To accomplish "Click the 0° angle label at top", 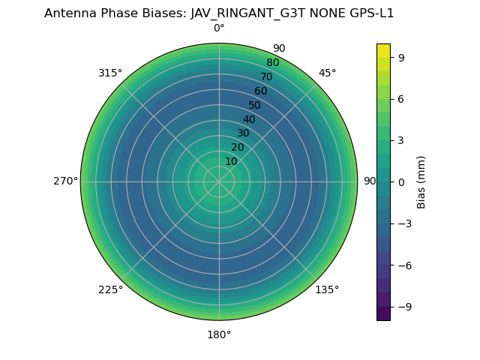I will (x=219, y=28).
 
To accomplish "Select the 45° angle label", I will (x=327, y=73).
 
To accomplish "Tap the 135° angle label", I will (x=327, y=289).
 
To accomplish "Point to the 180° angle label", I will (x=219, y=334).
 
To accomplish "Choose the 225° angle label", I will (x=110, y=289).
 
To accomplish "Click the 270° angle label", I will (x=65, y=181).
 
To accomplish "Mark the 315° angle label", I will (x=110, y=73).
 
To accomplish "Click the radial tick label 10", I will (x=231, y=162).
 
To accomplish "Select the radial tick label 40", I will (x=249, y=119).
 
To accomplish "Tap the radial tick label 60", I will (x=260, y=91).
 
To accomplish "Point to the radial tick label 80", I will (x=272, y=62).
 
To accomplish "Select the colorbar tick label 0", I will (x=402, y=181).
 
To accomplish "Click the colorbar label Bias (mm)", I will (x=421, y=181).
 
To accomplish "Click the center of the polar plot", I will (x=219, y=181).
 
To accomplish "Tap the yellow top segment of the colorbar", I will (x=383, y=50).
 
